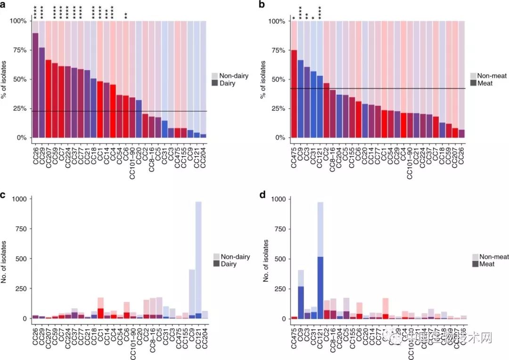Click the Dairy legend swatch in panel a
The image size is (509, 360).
[x=215, y=83]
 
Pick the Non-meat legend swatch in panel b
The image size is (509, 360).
[x=474, y=76]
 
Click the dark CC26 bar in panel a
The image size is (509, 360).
[x=35, y=85]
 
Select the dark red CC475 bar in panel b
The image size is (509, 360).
[x=294, y=94]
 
